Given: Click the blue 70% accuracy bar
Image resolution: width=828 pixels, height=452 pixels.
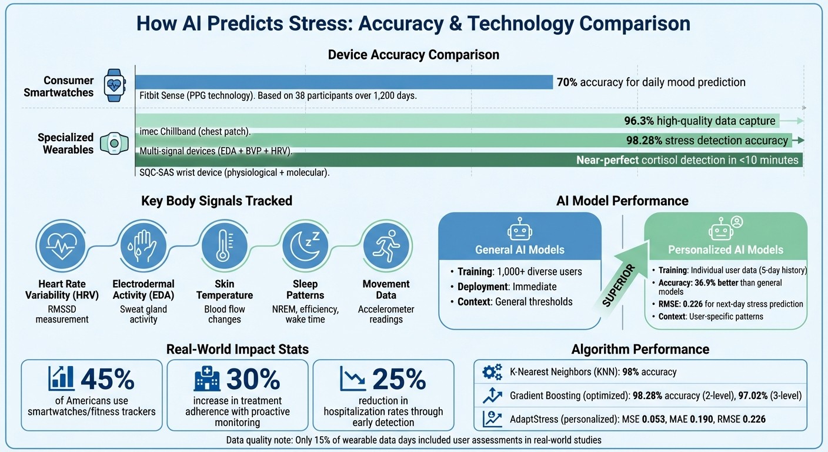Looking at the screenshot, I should pos(344,82).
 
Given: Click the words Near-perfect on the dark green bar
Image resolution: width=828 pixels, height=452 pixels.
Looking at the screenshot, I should pos(607,159).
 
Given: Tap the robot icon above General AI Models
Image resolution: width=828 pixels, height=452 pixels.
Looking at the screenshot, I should pos(520,230).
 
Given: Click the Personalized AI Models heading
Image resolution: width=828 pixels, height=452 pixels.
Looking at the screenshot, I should pos(726,250).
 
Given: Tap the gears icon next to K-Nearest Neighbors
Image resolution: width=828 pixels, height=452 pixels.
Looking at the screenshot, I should pos(492,372).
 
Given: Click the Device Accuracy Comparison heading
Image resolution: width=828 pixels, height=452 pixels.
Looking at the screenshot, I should pos(413,55).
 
